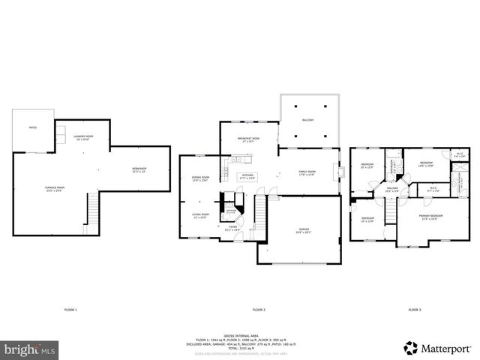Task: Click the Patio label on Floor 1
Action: pos(32,127)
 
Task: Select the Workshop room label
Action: pos(139,169)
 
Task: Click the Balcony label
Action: pos(307,120)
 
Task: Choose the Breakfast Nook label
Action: pos(247,137)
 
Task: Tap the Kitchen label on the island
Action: pos(247,176)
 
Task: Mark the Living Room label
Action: pos(200,215)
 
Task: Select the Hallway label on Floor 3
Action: pos(391,189)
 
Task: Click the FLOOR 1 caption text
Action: pos(70,310)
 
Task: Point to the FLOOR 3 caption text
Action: pos(415,310)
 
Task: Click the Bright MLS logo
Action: pos(30,349)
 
